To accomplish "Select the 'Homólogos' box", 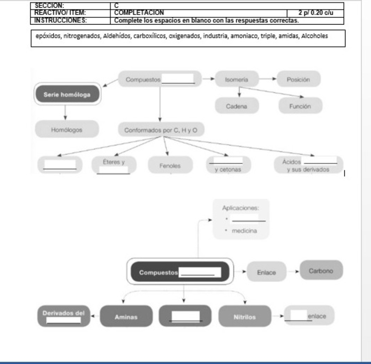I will coord(67,129).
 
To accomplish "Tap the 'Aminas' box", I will coord(126,317).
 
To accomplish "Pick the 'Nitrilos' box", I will coord(244,317).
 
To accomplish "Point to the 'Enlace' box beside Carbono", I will coord(266,273).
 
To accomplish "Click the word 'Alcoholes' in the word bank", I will coord(317,36).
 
